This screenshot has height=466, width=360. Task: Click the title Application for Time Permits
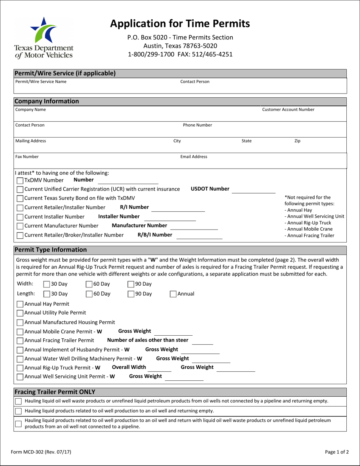180,23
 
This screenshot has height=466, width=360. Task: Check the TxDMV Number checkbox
20,180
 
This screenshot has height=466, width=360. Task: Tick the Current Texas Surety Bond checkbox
20,198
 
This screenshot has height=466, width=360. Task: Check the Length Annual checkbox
173,294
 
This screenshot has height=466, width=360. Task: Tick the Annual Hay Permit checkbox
20,304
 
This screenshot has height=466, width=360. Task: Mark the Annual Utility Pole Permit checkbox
20,313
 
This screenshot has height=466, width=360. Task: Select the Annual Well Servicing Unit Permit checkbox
20,377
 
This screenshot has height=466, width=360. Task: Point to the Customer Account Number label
288,110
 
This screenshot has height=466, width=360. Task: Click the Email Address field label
194,156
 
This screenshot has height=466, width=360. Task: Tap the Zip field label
297,141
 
